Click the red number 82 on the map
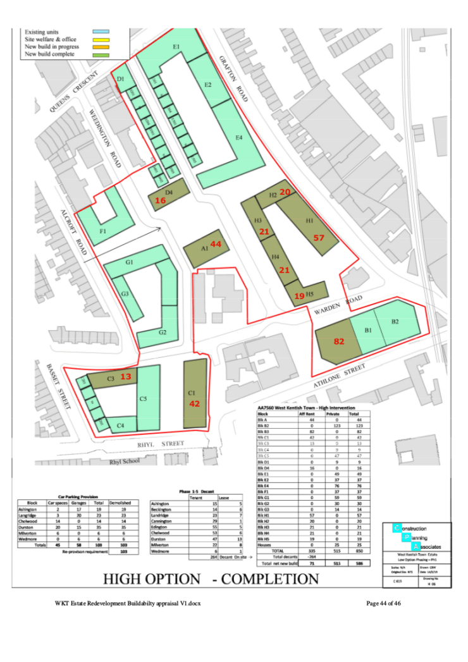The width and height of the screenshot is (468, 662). tap(339, 341)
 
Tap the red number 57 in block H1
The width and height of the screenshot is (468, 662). tap(319, 238)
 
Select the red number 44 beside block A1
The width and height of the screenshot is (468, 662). tap(216, 244)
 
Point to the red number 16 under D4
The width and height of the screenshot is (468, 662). tap(161, 200)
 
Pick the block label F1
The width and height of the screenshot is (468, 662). tap(103, 231)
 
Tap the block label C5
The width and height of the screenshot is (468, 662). tap(144, 399)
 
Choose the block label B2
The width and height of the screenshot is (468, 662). tap(395, 322)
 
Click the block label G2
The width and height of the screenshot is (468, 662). tap(163, 332)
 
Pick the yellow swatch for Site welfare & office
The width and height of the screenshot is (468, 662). tap(101, 39)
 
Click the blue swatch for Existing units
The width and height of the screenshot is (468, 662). tap(101, 30)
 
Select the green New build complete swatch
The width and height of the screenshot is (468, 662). tap(101, 54)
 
